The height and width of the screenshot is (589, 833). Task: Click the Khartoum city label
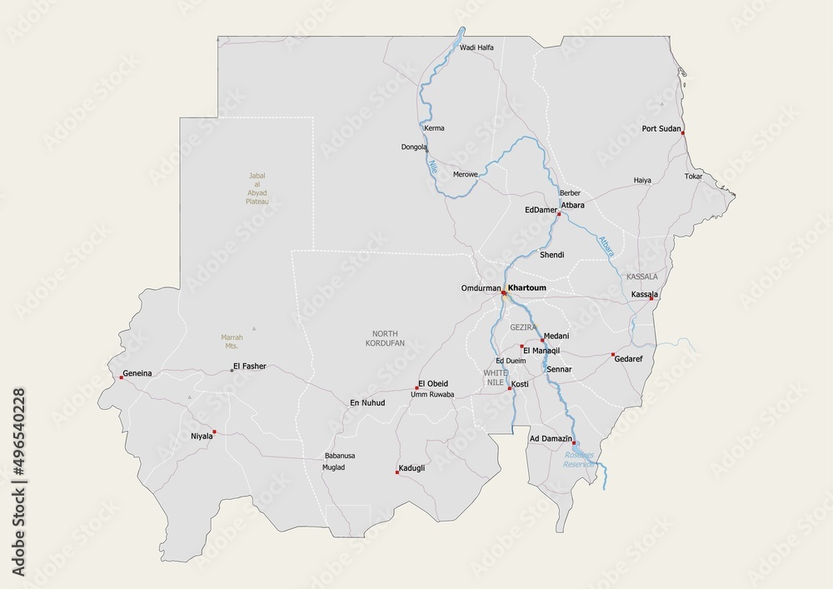[527, 288]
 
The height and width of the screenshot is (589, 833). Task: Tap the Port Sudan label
[661, 129]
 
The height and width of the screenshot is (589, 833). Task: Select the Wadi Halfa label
[476, 47]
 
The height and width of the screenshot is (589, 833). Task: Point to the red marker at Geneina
[121, 377]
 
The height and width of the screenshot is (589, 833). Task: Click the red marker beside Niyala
[214, 432]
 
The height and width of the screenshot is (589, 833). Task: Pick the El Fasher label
[249, 366]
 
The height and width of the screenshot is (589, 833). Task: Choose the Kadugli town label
[412, 468]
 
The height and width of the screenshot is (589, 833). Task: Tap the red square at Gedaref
[613, 353]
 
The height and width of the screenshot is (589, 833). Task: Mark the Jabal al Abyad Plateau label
[257, 189]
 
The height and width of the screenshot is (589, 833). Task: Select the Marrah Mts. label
[231, 342]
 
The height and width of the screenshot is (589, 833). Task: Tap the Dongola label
[414, 147]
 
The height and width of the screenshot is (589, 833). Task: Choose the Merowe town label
[465, 174]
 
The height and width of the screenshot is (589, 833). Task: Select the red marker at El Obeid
[416, 388]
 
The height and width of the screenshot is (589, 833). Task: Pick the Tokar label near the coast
[693, 177]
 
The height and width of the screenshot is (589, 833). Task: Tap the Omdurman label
[480, 288]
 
